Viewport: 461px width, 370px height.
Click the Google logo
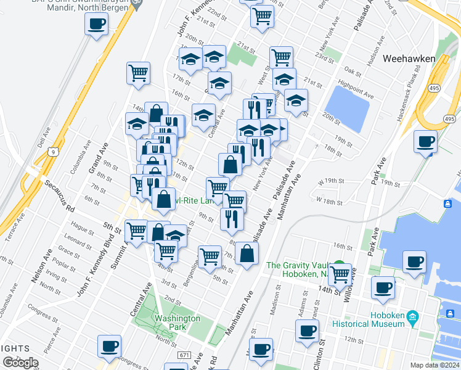[x=20, y=363]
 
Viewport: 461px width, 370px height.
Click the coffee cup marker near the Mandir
[x=96, y=25]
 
